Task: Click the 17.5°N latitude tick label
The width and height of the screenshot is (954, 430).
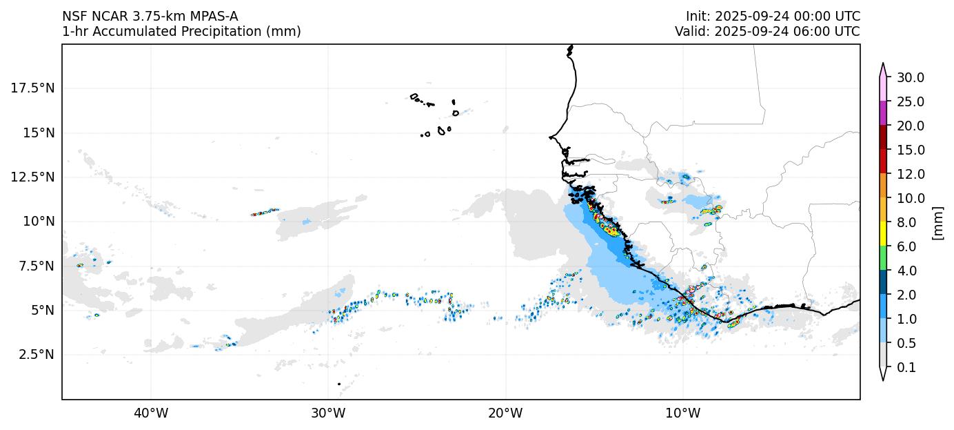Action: [x=33, y=88]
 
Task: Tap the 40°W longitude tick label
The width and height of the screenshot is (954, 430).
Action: [x=150, y=413]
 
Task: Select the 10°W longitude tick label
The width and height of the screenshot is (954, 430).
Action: [x=682, y=413]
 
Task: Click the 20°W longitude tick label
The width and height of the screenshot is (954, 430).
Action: [x=505, y=413]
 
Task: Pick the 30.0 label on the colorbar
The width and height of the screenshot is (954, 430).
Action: [x=910, y=77]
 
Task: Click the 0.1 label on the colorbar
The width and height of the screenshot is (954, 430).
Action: [x=907, y=368]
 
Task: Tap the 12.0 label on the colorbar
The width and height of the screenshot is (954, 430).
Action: [x=910, y=174]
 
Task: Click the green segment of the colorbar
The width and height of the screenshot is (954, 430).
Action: [x=882, y=258]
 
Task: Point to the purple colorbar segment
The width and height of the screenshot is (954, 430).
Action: [x=882, y=113]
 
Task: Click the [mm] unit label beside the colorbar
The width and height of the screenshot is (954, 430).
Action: [x=937, y=222]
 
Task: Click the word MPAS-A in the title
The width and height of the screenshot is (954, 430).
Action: [x=209, y=17]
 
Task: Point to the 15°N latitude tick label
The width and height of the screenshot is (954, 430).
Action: [x=36, y=133]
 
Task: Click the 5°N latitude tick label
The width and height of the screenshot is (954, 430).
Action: [x=39, y=310]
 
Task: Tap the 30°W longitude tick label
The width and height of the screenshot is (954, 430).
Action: [x=328, y=413]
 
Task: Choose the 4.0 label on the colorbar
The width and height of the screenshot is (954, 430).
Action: [x=907, y=271]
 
